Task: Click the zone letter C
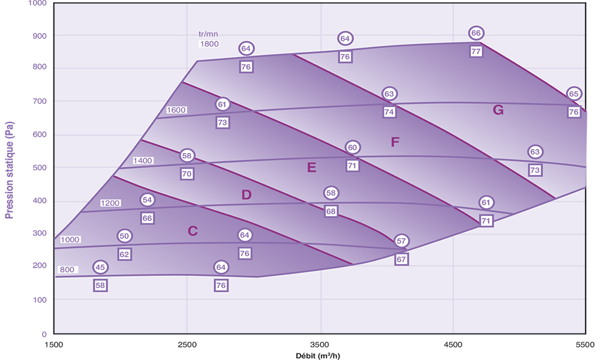click(193, 231)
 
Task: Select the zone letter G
click(497, 110)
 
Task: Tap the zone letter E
click(311, 168)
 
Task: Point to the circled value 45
click(100, 267)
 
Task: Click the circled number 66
click(476, 33)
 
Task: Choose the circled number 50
click(124, 236)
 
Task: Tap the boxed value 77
click(476, 51)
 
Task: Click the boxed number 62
click(124, 254)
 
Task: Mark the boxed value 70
click(187, 174)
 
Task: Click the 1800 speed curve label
click(209, 44)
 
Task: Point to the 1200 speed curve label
click(111, 203)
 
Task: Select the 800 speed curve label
click(67, 270)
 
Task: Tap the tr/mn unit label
click(209, 34)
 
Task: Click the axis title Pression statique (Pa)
click(10, 170)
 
